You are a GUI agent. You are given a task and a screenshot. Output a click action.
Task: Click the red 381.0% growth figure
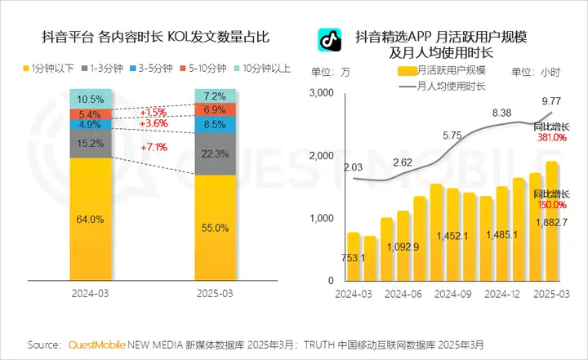tap(551, 138)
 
